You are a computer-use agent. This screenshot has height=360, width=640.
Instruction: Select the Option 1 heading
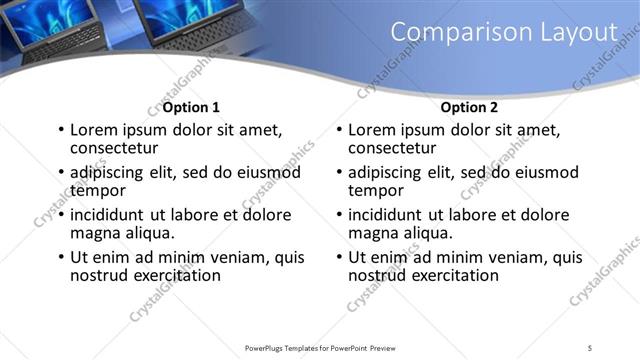[x=191, y=107]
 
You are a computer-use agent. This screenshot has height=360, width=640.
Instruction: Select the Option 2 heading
[x=469, y=107]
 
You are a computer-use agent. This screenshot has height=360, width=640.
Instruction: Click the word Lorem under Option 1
[x=95, y=130]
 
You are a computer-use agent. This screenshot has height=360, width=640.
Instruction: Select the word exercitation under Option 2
[x=449, y=275]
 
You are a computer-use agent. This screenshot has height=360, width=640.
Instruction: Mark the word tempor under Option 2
[x=373, y=190]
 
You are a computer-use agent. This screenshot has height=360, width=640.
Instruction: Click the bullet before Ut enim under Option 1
[x=61, y=257]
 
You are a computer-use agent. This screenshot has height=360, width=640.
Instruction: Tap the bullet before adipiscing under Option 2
[x=339, y=172]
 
